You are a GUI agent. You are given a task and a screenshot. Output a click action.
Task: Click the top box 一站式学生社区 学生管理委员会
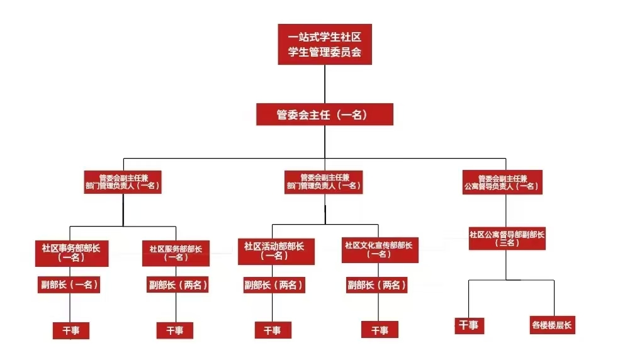(325, 44)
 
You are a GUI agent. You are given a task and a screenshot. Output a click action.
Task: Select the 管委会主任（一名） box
(325, 115)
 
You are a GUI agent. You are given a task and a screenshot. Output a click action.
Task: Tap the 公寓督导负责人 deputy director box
(502, 182)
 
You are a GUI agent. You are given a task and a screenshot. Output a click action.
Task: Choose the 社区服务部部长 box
(176, 253)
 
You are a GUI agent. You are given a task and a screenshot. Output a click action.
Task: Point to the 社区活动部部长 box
(274, 251)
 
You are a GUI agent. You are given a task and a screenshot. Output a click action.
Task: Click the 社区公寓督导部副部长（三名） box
(507, 238)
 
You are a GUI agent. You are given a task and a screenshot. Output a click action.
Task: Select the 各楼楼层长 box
(553, 325)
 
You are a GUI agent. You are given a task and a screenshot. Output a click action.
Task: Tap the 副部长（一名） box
(69, 285)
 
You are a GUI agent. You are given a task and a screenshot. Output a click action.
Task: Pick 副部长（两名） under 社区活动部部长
(274, 285)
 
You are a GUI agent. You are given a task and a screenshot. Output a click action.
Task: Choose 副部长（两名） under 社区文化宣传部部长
(377, 285)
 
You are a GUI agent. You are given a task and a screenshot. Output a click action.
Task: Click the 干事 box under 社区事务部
(70, 330)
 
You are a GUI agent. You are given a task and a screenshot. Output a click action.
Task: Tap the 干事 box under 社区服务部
(174, 330)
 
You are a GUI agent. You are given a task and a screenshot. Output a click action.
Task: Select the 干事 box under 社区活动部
(273, 330)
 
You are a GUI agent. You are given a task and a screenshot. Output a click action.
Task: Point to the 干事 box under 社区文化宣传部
(380, 330)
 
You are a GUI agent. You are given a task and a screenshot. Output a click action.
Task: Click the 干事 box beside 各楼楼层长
(468, 325)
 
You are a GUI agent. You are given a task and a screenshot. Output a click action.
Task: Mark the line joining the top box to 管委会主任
(325, 84)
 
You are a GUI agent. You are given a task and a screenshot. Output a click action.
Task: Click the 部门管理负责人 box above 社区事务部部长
(123, 182)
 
